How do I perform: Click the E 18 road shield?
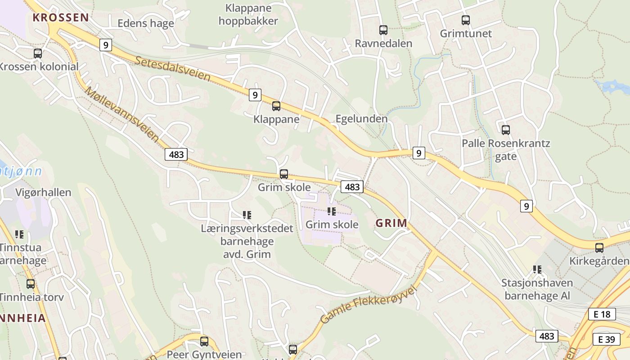[x=602, y=314]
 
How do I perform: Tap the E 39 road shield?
[x=606, y=339]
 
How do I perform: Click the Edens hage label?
[x=145, y=23]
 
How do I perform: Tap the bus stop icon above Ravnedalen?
[x=383, y=30]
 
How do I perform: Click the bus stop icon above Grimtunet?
[x=466, y=20]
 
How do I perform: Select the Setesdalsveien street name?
[x=172, y=69]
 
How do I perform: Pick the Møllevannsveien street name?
[x=122, y=114]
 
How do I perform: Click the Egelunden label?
[x=361, y=119]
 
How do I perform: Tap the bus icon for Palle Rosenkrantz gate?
[x=506, y=130]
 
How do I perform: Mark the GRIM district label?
[x=391, y=223]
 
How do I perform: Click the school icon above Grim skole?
[x=332, y=211]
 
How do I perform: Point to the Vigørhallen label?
[x=43, y=193]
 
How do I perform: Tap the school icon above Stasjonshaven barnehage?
[x=537, y=270]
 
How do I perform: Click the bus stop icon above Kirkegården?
[x=599, y=247]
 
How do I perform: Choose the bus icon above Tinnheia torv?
[x=31, y=284]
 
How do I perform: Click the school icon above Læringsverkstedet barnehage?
[x=247, y=215]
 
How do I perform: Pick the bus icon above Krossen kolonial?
[x=38, y=54]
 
